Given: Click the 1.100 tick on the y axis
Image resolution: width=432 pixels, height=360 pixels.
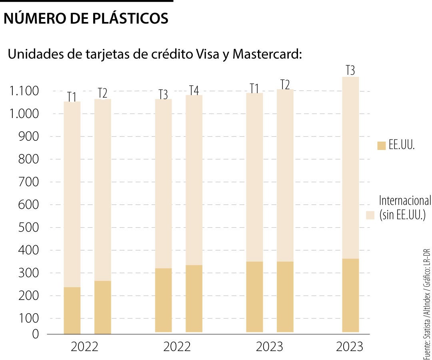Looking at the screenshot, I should click(x=25, y=92).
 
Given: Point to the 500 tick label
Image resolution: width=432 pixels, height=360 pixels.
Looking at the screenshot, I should click(x=29, y=228).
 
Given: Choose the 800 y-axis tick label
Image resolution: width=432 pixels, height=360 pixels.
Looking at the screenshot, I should click(x=29, y=160).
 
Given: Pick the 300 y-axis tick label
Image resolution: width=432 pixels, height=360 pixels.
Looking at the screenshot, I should click(x=29, y=273).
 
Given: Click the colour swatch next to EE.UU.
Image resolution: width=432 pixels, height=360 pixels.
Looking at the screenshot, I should click(x=381, y=146).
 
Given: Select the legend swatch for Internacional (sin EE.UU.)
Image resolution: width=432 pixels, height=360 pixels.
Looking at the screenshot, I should click(x=370, y=215).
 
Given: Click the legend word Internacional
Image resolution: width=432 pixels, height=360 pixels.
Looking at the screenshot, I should click(x=404, y=200).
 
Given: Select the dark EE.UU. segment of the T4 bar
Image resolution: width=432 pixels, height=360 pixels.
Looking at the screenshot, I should click(x=194, y=298).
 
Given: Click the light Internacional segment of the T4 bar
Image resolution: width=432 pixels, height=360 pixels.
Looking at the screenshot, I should click(x=194, y=180).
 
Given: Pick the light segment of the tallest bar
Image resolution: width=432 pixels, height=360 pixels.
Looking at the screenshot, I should click(x=350, y=168).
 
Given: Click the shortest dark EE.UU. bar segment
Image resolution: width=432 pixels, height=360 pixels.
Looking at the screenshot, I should click(x=72, y=310).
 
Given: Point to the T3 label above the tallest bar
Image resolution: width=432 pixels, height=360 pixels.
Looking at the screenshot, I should click(x=350, y=71).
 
